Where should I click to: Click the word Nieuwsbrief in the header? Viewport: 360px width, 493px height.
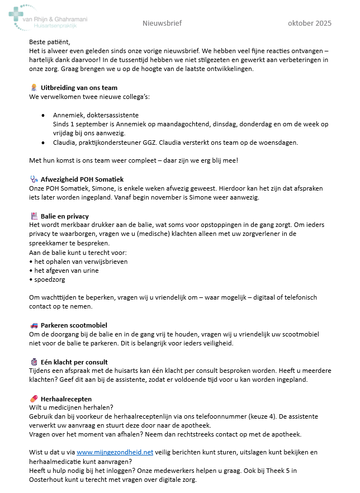point(162,23)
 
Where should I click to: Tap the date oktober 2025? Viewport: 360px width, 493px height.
point(309,23)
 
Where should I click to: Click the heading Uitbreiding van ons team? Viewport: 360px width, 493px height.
point(79,88)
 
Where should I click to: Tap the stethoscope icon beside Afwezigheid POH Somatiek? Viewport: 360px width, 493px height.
point(34,179)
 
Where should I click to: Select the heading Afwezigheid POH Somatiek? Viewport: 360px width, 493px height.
point(82,179)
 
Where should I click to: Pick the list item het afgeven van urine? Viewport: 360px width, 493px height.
point(66,271)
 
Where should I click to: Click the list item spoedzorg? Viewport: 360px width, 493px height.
point(49,279)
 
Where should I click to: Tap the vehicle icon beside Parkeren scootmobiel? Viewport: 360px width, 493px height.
point(34,325)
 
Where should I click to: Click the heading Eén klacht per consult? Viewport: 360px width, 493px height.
point(74,362)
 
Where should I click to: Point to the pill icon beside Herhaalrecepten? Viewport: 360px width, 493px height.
point(34,398)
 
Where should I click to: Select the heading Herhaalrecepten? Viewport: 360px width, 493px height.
point(66,398)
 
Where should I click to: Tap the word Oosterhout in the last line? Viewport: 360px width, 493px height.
point(47,480)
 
